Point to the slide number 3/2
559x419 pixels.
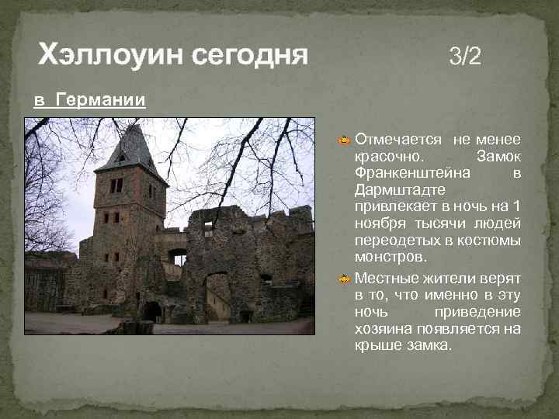point(465,56)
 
